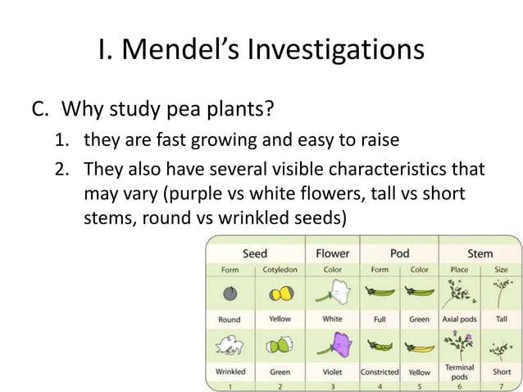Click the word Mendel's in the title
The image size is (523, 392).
(188, 50)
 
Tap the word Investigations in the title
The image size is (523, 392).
(343, 50)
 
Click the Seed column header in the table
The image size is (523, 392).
(254, 253)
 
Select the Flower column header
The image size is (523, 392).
(332, 253)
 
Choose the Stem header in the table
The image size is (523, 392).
(480, 253)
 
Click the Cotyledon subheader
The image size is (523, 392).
(280, 269)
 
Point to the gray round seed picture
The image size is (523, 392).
(230, 294)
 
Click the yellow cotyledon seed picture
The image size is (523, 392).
(280, 294)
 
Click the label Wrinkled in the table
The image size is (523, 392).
(230, 371)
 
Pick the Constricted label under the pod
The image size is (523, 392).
(380, 371)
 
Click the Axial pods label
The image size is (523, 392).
(460, 319)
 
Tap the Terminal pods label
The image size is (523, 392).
(460, 371)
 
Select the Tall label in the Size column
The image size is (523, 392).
(501, 319)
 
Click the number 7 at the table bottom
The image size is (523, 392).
(501, 385)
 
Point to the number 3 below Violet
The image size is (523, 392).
(333, 385)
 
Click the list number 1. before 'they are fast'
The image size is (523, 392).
(62, 139)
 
